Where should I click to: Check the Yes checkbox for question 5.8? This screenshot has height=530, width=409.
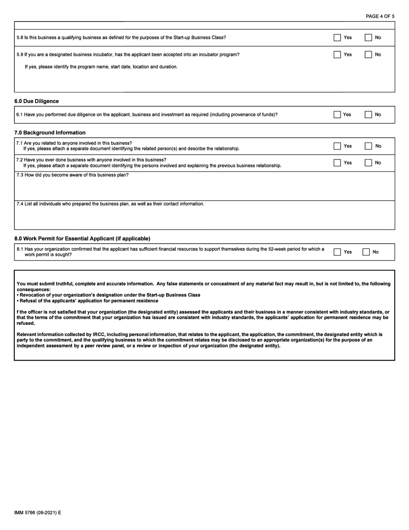(337, 37)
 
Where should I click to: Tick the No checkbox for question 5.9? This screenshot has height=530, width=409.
(368, 55)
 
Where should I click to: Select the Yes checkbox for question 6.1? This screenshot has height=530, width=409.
(337, 115)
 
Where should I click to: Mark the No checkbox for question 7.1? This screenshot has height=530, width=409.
(368, 146)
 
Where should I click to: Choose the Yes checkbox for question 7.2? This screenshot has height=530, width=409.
(337, 163)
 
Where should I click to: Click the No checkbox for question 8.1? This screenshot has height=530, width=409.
(366, 252)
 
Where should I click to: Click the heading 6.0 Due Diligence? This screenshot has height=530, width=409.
(37, 101)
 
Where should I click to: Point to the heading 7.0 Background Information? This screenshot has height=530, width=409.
(50, 133)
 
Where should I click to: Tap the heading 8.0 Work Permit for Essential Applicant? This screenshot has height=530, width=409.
(82, 239)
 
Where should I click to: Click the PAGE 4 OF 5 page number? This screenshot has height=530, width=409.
(380, 16)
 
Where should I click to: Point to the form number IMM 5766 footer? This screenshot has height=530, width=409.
(37, 513)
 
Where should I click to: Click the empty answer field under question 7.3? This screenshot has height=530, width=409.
(204, 190)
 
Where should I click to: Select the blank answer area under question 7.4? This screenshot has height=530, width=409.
(204, 219)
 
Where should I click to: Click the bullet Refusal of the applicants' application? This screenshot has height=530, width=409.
(88, 301)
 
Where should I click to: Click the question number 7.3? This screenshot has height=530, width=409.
(20, 175)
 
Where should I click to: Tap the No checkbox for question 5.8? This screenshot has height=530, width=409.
(368, 37)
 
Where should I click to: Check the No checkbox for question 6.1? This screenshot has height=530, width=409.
(368, 115)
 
